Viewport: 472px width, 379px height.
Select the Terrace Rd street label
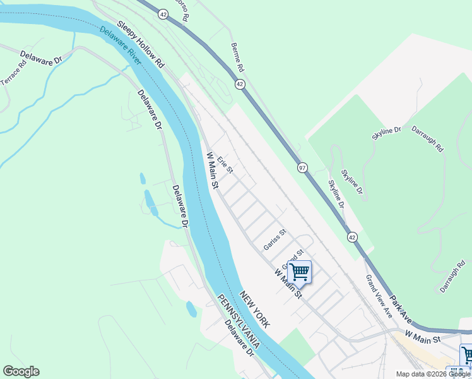click(13, 73)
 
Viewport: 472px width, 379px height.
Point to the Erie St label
click(225, 165)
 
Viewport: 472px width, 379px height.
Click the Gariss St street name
click(275, 240)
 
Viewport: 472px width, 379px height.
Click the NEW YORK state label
click(255, 310)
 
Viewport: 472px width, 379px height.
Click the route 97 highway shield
click(303, 167)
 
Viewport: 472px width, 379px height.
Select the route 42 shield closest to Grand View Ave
click(351, 236)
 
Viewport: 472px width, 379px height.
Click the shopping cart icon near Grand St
click(299, 272)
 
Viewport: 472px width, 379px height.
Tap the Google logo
click(21, 371)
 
